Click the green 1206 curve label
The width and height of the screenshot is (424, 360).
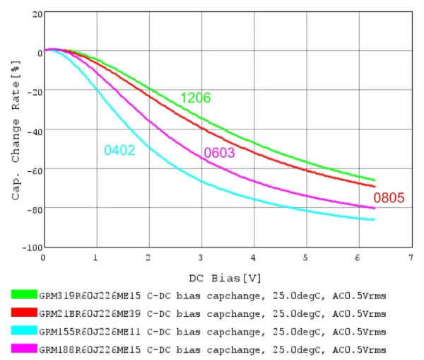[195, 98]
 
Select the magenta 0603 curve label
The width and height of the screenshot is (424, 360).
[219, 153]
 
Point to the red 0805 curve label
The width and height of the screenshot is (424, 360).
[389, 198]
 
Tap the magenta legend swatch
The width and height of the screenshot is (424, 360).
[24, 349]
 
